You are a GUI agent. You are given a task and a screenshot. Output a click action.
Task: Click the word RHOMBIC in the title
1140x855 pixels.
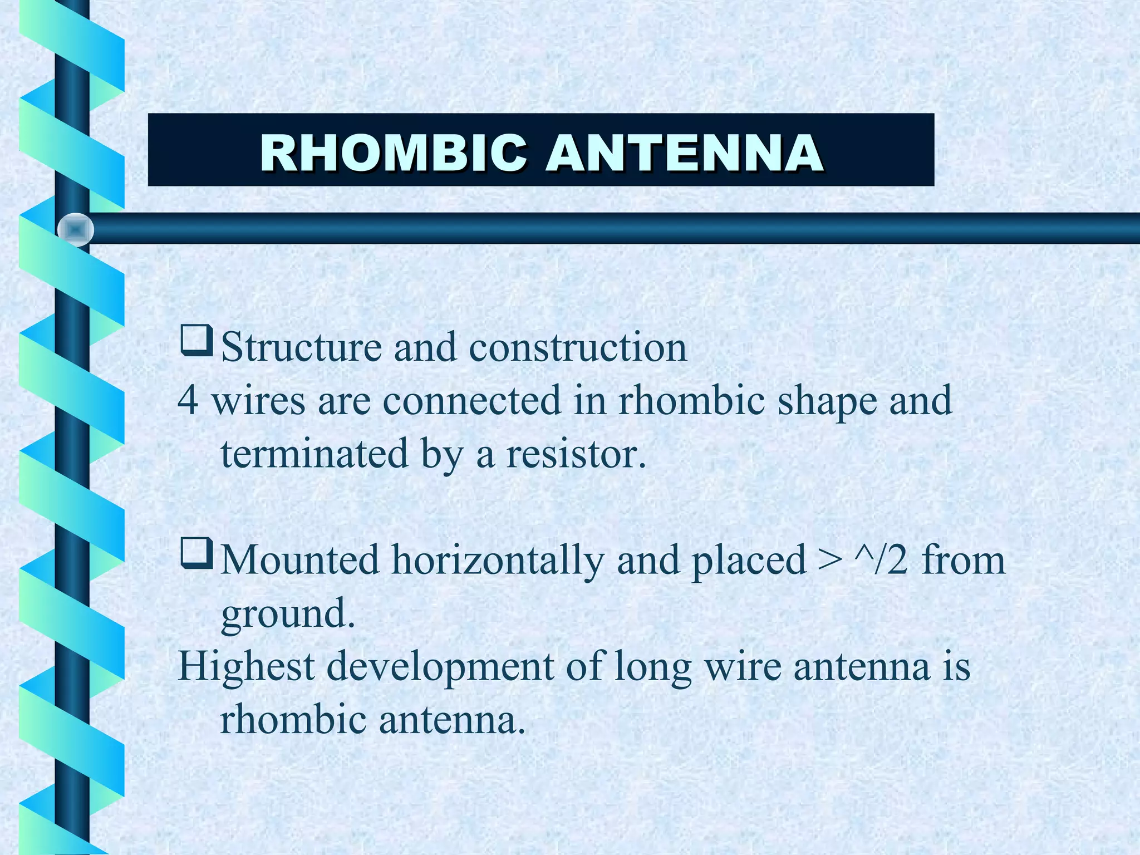[393, 154]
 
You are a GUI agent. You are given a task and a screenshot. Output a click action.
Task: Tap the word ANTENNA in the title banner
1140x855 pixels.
[684, 154]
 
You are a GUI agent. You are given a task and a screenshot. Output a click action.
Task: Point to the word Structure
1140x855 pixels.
[301, 347]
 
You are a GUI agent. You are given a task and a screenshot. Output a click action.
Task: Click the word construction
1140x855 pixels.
[578, 347]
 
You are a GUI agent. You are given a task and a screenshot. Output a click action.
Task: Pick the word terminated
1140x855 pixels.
[315, 453]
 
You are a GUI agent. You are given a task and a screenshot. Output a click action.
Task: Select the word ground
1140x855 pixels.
[288, 613]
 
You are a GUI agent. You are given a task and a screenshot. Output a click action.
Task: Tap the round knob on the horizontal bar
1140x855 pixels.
[76, 229]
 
